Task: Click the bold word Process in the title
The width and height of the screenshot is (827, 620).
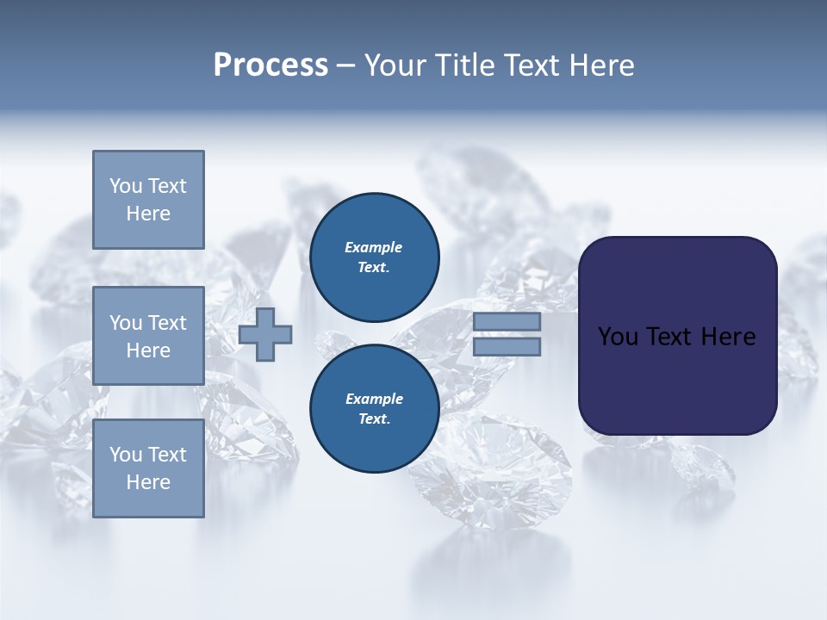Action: coord(270,65)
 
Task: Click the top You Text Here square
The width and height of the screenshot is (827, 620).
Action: coord(148,200)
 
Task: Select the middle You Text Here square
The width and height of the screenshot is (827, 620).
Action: coord(148,336)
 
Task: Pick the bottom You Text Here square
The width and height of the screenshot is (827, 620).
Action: coord(148,468)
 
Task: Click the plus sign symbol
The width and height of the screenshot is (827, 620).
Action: coord(265,334)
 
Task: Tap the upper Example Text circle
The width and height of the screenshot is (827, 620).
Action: coord(374,257)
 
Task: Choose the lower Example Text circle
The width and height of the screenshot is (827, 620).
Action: coord(374,408)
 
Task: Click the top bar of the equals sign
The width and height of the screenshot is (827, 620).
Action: coord(507,322)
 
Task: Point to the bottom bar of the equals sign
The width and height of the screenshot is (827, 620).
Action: coord(507,347)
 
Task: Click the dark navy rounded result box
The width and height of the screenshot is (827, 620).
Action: coord(677,379)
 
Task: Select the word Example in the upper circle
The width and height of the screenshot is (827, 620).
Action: coord(374,247)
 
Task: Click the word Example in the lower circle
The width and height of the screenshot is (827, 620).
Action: coord(374,399)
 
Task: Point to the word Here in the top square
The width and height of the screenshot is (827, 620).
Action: coord(148,214)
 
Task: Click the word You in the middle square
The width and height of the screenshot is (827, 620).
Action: coord(125,323)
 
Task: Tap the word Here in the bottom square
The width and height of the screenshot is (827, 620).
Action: coord(148,482)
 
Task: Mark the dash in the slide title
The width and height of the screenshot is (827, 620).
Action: coord(345,65)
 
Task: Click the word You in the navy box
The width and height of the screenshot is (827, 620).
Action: coord(618,337)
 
